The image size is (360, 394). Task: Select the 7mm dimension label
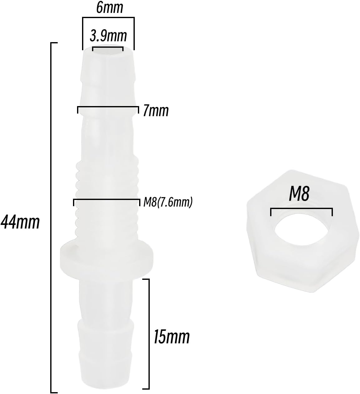coord(156,111)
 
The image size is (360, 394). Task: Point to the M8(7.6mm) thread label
coord(168,203)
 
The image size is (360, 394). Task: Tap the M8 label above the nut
coord(299,194)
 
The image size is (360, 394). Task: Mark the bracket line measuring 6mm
coord(108,18)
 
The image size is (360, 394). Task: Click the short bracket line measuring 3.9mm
coord(108,47)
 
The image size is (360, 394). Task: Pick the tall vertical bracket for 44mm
coord(51,218)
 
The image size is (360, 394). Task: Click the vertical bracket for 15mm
coord(149,334)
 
